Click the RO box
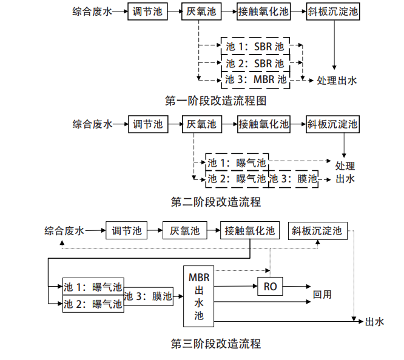[x=270, y=286]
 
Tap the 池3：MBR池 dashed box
[x=255, y=79]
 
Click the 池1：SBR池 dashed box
[x=255, y=47]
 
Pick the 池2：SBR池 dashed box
[x=255, y=63]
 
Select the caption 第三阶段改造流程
[x=215, y=344]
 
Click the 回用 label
[x=322, y=295]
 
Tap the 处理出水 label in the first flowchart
[x=337, y=80]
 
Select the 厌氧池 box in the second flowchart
[x=201, y=125]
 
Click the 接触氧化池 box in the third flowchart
[x=249, y=231]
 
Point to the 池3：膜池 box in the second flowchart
[x=294, y=179]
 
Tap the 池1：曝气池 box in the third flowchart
[x=93, y=287]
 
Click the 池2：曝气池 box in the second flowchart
[x=237, y=179]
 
